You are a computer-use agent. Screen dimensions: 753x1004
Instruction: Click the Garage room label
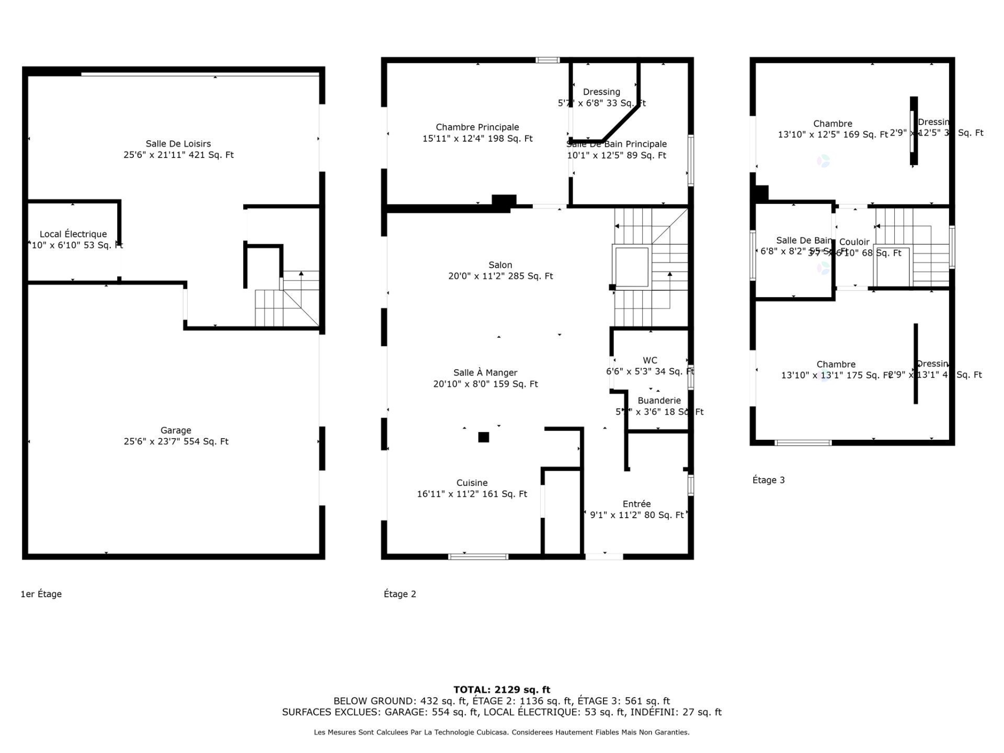click(176, 430)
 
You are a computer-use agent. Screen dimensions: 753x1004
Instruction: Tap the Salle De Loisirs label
click(178, 144)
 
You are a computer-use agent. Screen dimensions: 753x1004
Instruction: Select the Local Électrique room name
click(73, 234)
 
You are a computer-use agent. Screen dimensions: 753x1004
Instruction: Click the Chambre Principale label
click(477, 127)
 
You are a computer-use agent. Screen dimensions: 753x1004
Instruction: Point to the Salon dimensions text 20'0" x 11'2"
click(500, 276)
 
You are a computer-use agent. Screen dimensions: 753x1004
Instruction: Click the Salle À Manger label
click(485, 373)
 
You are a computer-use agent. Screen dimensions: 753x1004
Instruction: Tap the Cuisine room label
click(472, 483)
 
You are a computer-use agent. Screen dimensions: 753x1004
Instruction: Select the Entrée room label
click(636, 504)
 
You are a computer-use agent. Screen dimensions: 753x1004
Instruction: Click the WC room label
click(650, 360)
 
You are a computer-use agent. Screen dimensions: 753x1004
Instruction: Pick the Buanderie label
click(659, 401)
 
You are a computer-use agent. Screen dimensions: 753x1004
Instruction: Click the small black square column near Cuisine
click(484, 437)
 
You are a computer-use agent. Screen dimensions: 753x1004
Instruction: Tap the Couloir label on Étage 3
click(854, 242)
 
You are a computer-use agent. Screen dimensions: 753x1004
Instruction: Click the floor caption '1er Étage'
click(41, 594)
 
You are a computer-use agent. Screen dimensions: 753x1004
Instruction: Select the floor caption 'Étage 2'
click(400, 594)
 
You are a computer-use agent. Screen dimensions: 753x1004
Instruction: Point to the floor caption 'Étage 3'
click(768, 480)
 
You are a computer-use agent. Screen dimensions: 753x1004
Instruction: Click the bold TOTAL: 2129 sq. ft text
click(501, 690)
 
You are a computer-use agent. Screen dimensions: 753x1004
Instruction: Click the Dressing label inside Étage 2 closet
click(601, 92)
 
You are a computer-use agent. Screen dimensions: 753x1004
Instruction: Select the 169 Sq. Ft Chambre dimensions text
click(832, 135)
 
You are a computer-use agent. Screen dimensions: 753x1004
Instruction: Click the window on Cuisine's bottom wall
click(478, 556)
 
